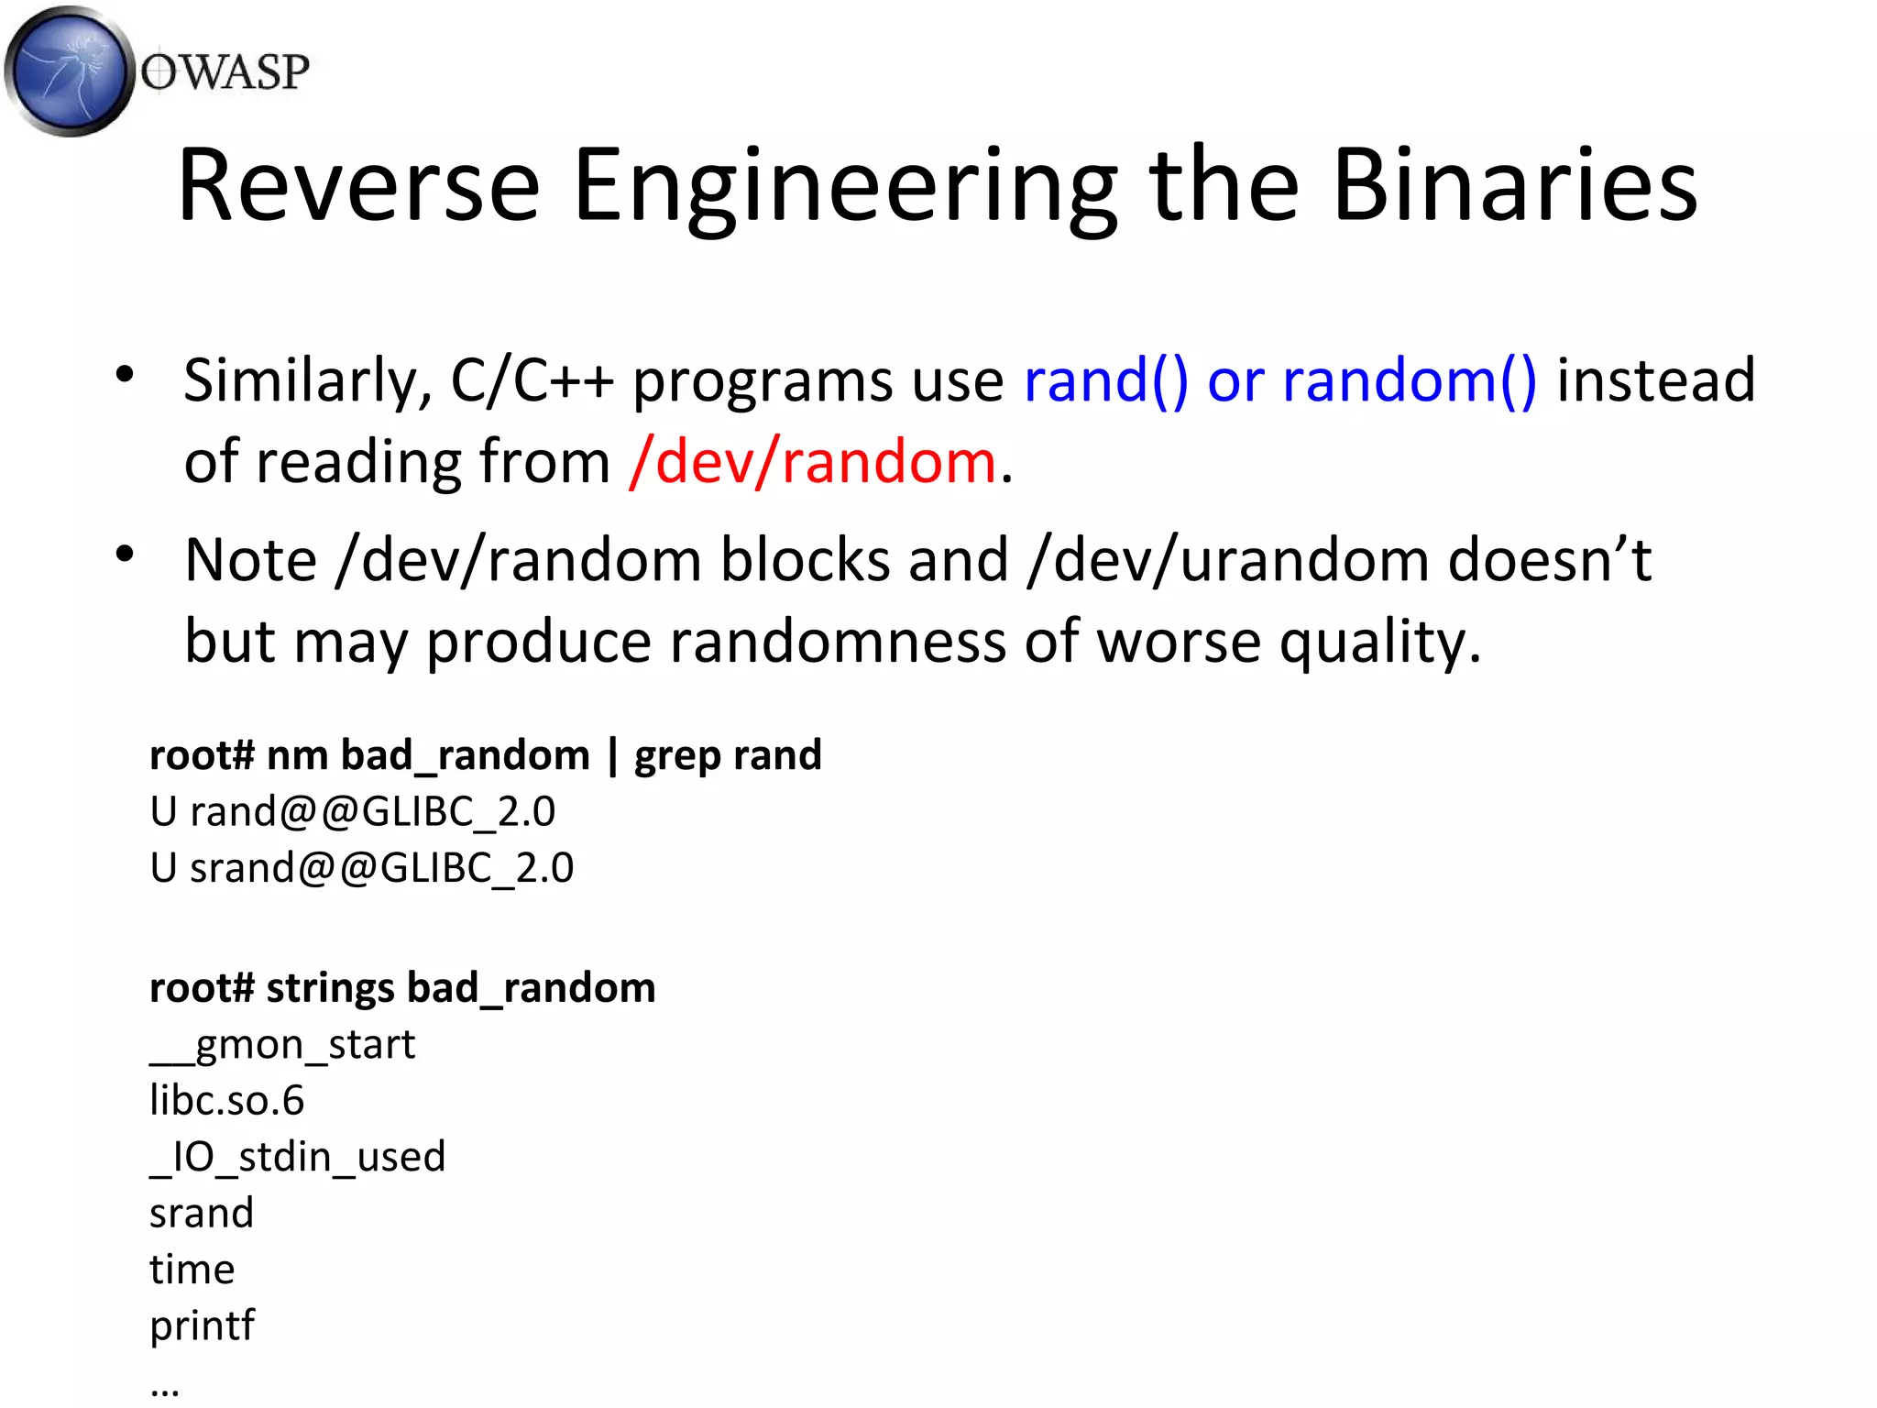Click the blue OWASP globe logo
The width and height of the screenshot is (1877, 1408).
69,71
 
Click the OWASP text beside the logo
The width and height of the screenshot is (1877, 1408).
225,72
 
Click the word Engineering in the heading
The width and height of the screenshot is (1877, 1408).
845,188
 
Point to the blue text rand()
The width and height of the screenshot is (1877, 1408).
1105,381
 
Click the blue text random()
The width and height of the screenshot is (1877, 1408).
1410,381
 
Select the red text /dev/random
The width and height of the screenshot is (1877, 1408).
812,461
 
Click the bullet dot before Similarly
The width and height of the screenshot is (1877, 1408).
126,374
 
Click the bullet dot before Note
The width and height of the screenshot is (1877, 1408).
126,554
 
